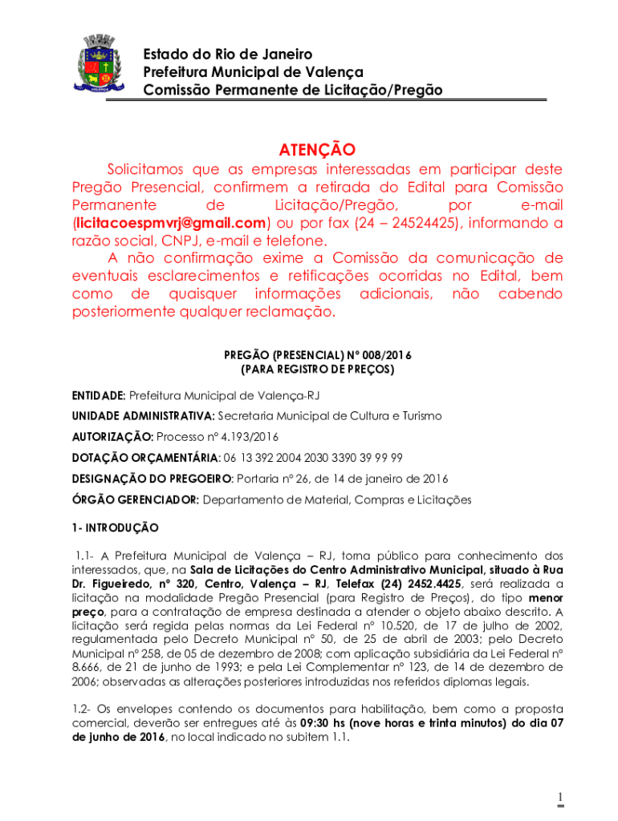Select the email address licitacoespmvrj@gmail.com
pyautogui.click(x=170, y=222)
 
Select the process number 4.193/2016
pyautogui.click(x=241, y=437)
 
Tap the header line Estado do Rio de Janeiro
pyautogui.click(x=228, y=55)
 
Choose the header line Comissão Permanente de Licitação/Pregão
pyautogui.click(x=292, y=91)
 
